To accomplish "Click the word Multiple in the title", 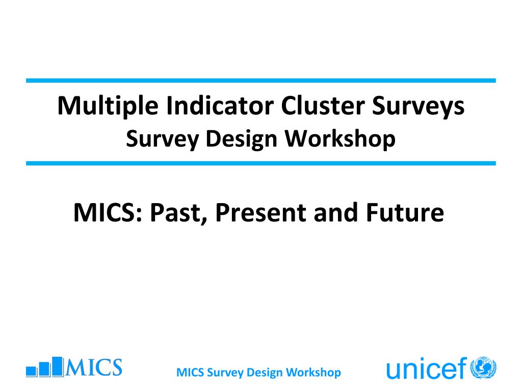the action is (x=108, y=106).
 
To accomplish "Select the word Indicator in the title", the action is (x=220, y=105).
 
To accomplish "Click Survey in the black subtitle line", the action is (x=162, y=139).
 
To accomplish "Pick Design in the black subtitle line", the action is (x=241, y=139).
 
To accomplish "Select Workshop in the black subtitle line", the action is (x=340, y=138).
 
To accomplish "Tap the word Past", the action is (x=179, y=213).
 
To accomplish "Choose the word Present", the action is (x=260, y=212).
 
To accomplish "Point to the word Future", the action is (x=405, y=212).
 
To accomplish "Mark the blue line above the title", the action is (x=261, y=81).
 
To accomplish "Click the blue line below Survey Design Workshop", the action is (x=261, y=163).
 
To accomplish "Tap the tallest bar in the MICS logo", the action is (x=58, y=366).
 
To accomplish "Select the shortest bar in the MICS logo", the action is (x=31, y=372).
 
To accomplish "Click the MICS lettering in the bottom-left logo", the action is (x=94, y=367).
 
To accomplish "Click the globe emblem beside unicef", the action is (x=483, y=367).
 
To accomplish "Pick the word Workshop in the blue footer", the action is (x=314, y=373).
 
